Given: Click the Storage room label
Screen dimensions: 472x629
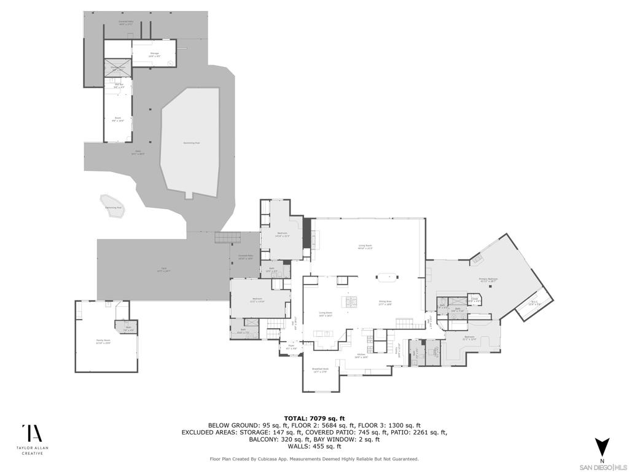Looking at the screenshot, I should [154, 54].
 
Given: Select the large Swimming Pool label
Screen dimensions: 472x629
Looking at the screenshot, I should [192, 143].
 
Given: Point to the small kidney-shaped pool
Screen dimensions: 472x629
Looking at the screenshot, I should [112, 204].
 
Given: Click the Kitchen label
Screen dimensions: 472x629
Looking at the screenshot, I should [361, 355].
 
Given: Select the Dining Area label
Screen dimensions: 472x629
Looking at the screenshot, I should [385, 302].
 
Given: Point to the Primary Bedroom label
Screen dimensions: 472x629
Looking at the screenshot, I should [488, 280].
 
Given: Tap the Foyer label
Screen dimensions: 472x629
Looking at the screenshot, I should [292, 347].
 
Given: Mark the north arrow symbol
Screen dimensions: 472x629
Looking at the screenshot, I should [601, 445].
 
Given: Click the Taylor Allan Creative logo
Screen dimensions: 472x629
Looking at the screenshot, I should [32, 439].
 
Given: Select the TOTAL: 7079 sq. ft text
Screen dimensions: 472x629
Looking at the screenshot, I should [314, 418].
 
